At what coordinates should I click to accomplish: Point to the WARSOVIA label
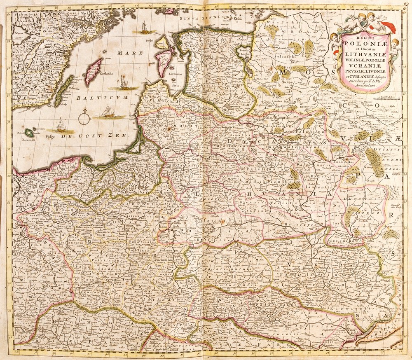click(133, 203)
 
